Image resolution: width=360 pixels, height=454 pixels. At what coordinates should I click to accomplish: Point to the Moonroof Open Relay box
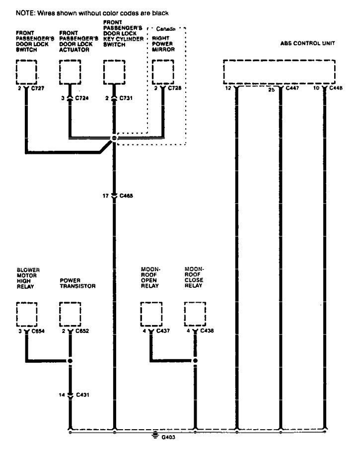[x=151, y=314]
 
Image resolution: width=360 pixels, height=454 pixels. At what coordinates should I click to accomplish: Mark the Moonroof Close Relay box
[x=195, y=314]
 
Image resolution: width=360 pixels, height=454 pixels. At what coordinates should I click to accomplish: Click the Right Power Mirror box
[x=163, y=72]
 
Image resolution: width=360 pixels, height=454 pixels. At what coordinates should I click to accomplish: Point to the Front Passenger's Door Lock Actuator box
[x=70, y=72]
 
